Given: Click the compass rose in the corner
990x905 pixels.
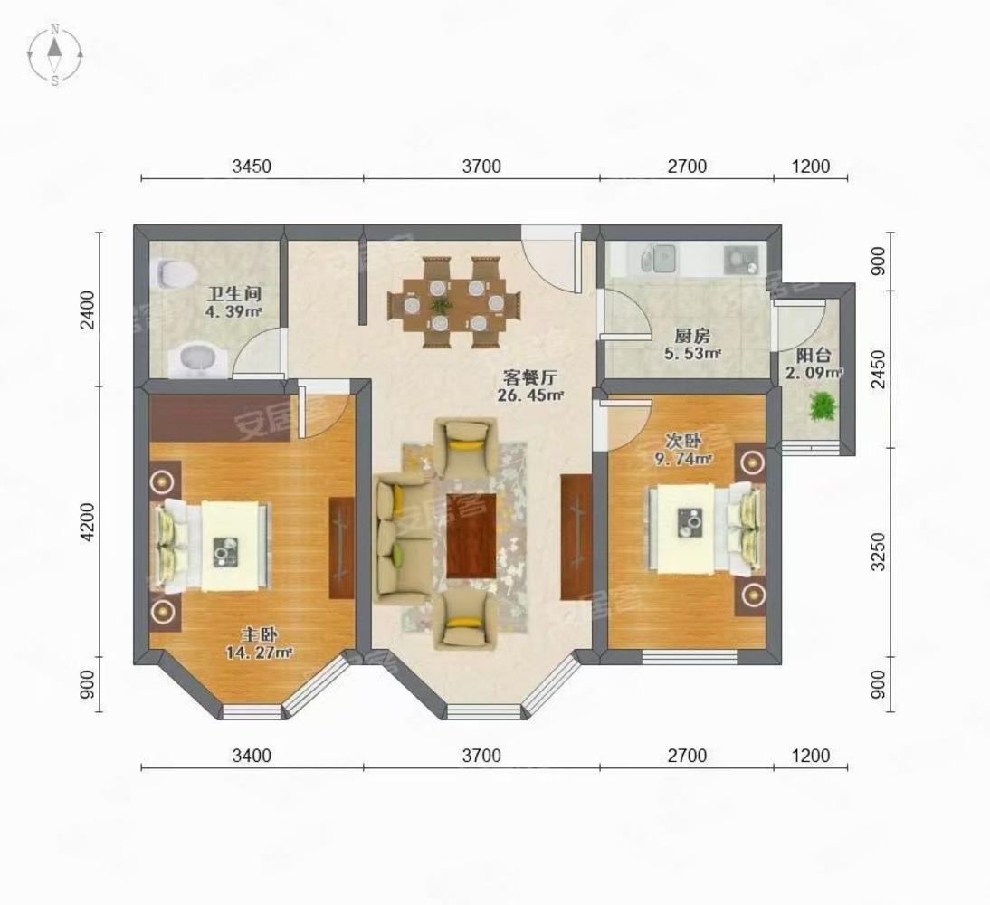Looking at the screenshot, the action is point(55,54).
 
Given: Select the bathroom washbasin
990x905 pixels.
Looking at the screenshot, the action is point(198,359).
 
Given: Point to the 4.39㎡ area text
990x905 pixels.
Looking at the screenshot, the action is point(233,310).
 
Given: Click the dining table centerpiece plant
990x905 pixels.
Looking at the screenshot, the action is point(442,306).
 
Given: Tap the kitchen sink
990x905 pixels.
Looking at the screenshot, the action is point(659,259).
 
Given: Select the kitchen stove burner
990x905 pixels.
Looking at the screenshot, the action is point(740,259).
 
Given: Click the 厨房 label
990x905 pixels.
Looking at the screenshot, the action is point(692,336).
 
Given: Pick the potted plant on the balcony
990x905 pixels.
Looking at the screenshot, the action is point(822,406).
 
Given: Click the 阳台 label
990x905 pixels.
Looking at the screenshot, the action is point(814,356).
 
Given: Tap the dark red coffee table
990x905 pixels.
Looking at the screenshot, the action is point(471,535).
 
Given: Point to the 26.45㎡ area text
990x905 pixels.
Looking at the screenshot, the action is point(530,395).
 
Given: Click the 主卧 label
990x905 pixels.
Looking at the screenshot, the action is point(260,634).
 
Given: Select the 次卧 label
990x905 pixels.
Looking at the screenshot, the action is point(684,440).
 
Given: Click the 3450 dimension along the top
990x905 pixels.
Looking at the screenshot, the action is point(252,167).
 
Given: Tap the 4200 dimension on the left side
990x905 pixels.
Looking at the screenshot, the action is point(88,521).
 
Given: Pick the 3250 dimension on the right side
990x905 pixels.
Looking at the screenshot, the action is point(879,551).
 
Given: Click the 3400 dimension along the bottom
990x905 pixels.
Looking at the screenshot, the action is point(252,756).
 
